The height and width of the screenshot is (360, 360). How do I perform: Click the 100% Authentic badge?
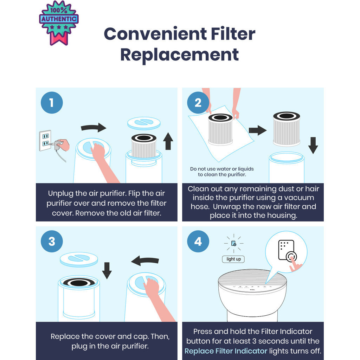(59, 22)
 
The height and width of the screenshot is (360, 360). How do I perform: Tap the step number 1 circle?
(52, 103)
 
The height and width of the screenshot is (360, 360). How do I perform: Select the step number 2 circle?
(198, 103)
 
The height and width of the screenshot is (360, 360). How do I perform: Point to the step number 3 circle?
(52, 241)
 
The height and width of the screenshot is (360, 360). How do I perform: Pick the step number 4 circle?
(198, 241)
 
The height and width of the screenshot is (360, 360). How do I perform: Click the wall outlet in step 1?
(45, 141)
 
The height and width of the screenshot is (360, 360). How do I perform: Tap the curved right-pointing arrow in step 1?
(94, 127)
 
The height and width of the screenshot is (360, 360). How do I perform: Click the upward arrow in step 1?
(168, 141)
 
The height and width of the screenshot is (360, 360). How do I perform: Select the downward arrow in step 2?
(313, 145)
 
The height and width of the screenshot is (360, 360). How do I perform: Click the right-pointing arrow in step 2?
(258, 130)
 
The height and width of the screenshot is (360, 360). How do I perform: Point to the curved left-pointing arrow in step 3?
(145, 261)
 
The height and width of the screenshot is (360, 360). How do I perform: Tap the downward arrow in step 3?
(107, 271)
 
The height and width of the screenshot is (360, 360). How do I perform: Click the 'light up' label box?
(233, 259)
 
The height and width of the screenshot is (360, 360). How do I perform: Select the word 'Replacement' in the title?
(179, 55)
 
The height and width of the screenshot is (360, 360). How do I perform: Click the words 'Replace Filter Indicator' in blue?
(226, 351)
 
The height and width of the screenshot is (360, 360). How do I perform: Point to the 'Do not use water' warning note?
(222, 172)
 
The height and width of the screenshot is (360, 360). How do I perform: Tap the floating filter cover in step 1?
(144, 123)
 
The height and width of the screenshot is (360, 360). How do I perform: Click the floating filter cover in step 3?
(79, 259)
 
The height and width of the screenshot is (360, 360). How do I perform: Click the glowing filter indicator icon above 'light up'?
(234, 243)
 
